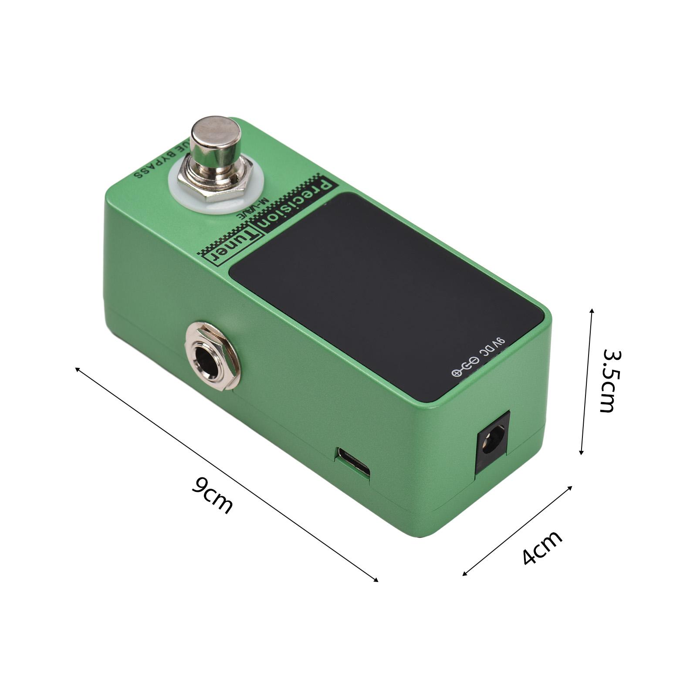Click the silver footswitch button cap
pyautogui.click(x=216, y=137)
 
